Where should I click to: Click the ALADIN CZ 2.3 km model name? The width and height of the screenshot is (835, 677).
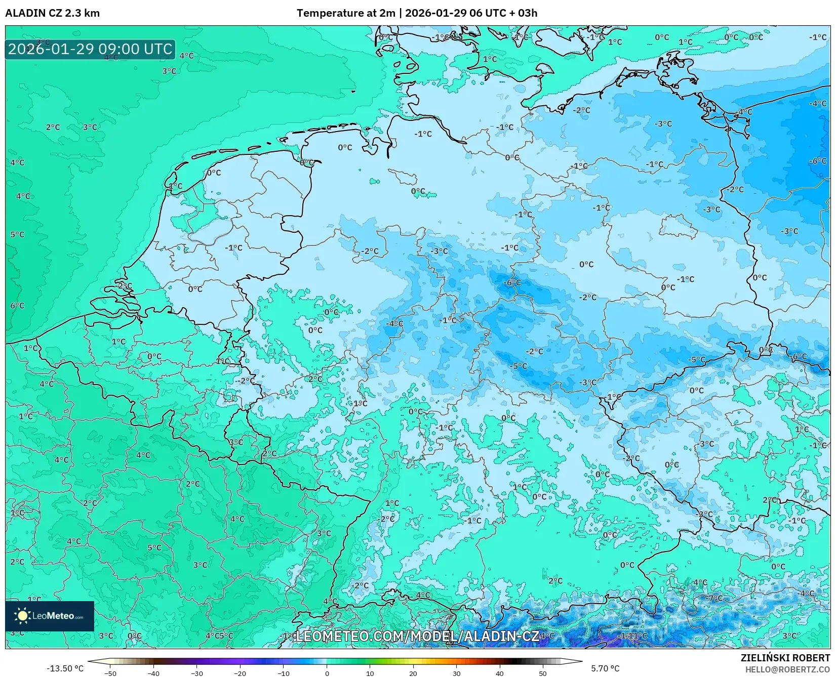pyautogui.click(x=52, y=13)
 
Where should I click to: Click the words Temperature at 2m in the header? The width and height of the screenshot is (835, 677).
pyautogui.click(x=345, y=13)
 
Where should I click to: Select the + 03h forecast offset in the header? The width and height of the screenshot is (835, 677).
pyautogui.click(x=524, y=13)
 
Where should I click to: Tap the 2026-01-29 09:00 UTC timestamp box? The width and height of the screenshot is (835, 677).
pyautogui.click(x=90, y=49)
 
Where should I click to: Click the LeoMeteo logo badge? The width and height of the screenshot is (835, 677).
pyautogui.click(x=50, y=616)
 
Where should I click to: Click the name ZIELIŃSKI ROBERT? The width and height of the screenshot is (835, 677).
pyautogui.click(x=785, y=658)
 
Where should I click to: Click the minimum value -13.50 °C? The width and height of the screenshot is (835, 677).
pyautogui.click(x=65, y=669)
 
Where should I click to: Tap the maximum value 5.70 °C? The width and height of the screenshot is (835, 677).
pyautogui.click(x=605, y=669)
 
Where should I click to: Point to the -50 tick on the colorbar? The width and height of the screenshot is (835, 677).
pyautogui.click(x=110, y=673)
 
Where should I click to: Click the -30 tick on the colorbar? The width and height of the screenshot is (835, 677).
pyautogui.click(x=196, y=673)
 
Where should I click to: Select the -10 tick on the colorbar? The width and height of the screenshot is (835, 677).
pyautogui.click(x=283, y=673)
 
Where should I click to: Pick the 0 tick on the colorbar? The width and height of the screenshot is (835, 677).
pyautogui.click(x=327, y=673)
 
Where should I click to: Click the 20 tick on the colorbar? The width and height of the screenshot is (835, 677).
pyautogui.click(x=413, y=673)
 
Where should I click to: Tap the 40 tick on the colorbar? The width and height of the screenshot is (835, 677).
pyautogui.click(x=500, y=673)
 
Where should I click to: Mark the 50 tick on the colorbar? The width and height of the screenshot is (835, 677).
pyautogui.click(x=543, y=673)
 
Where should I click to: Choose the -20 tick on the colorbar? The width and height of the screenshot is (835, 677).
pyautogui.click(x=240, y=673)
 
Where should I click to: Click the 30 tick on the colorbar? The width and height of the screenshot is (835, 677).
pyautogui.click(x=456, y=673)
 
